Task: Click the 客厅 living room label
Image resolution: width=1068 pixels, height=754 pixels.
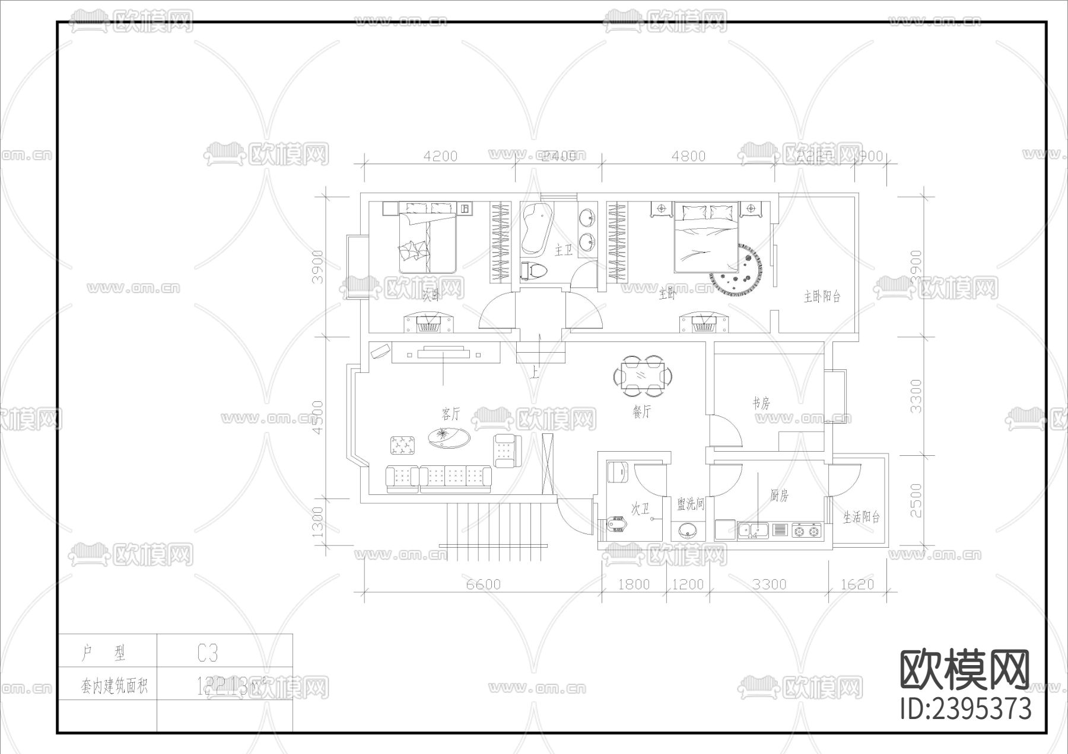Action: coord(450,413)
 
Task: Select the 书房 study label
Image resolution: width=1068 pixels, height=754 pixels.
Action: coord(761,404)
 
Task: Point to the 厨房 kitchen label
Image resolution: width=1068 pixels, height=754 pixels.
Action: coord(779,496)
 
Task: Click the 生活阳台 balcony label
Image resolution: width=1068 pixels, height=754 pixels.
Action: coord(862,517)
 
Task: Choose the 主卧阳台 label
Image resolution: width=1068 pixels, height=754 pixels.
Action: coord(822,296)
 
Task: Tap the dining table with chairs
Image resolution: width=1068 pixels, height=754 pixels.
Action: coord(643,376)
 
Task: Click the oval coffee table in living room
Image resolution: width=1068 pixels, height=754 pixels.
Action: coord(449,438)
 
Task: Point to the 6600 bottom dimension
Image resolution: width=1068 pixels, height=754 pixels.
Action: coord(483,584)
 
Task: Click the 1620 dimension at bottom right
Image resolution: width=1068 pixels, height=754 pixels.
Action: coord(857,584)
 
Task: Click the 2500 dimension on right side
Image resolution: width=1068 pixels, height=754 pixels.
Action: coord(916,501)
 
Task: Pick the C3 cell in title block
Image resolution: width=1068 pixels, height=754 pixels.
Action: coord(208,653)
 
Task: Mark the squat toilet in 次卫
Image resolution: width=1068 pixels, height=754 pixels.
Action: coord(617,525)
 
